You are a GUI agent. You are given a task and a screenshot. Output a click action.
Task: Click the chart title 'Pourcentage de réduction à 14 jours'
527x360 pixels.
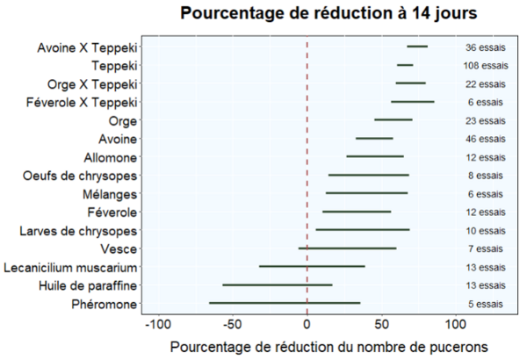pyautogui.click(x=328, y=13)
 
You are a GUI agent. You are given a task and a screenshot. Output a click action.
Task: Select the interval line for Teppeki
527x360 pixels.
pyautogui.click(x=405, y=65)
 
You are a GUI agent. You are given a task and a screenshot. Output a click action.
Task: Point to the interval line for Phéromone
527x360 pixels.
pyautogui.click(x=285, y=303)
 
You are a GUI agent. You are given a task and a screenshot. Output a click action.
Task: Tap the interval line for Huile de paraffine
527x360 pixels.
pyautogui.click(x=278, y=285)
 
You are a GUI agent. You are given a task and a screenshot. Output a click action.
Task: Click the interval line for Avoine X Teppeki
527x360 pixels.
pyautogui.click(x=417, y=47)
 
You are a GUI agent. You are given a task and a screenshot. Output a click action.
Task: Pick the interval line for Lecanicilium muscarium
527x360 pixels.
pyautogui.click(x=312, y=267)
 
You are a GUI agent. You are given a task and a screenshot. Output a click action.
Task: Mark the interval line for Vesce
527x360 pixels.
pyautogui.click(x=347, y=248)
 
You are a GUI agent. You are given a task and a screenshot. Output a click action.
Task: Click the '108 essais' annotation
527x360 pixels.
pyautogui.click(x=486, y=66)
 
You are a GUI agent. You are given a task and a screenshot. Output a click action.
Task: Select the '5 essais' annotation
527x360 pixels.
pyautogui.click(x=486, y=304)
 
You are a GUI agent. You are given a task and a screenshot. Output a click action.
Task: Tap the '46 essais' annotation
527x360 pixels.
pyautogui.click(x=486, y=139)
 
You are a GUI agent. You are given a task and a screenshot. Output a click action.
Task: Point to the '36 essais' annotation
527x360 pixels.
pyautogui.click(x=486, y=47)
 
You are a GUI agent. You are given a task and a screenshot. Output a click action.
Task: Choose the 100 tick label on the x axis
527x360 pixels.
pyautogui.click(x=456, y=324)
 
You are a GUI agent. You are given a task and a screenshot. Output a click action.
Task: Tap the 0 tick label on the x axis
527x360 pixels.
pyautogui.click(x=307, y=324)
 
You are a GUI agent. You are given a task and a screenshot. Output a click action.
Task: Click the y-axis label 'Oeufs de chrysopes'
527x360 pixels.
pyautogui.click(x=80, y=176)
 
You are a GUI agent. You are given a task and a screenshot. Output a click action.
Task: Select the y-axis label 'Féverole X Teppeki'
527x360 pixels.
pyautogui.click(x=82, y=102)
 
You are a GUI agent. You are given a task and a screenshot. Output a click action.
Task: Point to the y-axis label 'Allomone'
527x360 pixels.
pyautogui.click(x=111, y=158)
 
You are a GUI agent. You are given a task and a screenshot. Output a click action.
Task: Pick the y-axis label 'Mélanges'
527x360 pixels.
pyautogui.click(x=110, y=194)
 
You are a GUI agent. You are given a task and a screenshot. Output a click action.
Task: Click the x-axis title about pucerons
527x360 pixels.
pyautogui.click(x=329, y=347)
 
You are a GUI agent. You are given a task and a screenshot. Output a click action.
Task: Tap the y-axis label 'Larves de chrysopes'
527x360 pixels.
pyautogui.click(x=78, y=231)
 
